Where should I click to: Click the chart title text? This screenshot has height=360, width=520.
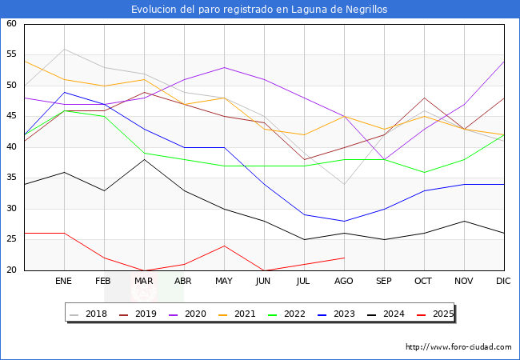click(x=260, y=10)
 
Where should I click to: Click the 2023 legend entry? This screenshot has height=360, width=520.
click(x=339, y=314)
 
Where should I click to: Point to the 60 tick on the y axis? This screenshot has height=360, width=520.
click(x=12, y=24)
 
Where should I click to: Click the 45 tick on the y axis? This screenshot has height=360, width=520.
click(x=12, y=117)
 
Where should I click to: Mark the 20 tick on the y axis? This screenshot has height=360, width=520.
click(x=12, y=270)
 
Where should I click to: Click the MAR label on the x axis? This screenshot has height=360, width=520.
click(x=144, y=282)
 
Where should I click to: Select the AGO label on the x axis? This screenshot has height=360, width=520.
click(x=344, y=282)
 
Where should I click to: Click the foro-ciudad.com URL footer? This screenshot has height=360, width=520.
click(x=458, y=347)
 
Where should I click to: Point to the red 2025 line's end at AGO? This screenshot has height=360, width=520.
click(x=344, y=258)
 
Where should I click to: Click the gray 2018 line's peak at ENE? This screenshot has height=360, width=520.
click(x=64, y=49)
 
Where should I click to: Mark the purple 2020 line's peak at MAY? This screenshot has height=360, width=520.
click(x=224, y=67)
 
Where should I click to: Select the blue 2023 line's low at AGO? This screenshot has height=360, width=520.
click(x=344, y=221)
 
